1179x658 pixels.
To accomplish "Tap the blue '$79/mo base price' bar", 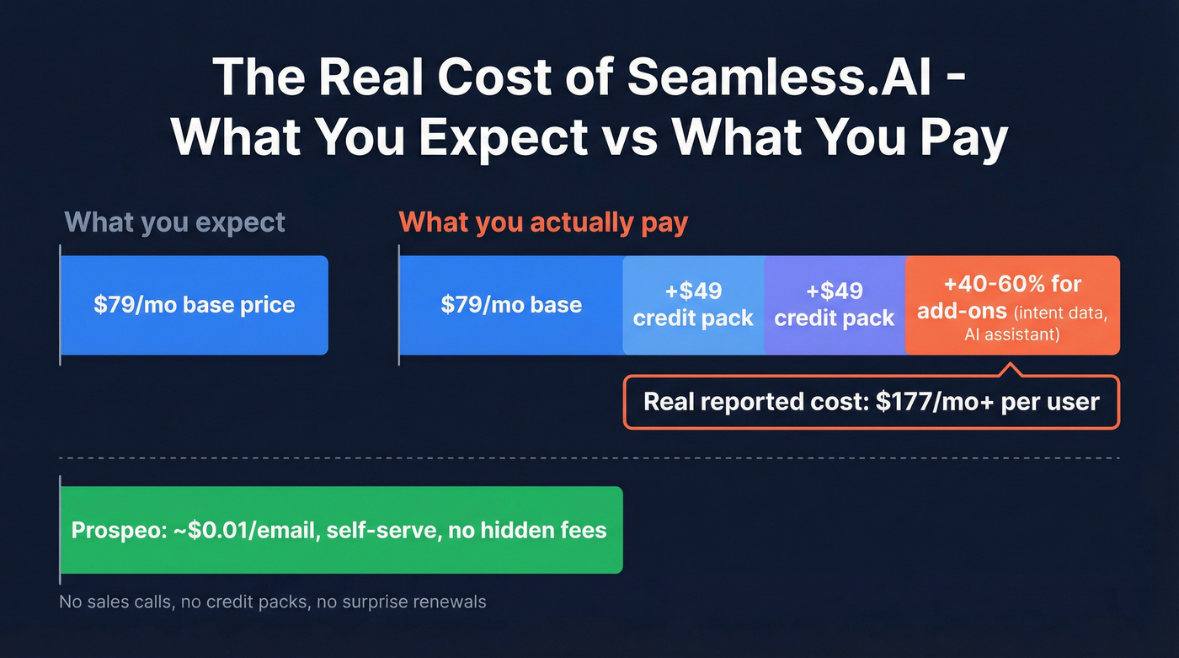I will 194,305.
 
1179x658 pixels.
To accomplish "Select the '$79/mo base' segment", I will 511,305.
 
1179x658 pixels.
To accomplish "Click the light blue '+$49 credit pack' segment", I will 693,305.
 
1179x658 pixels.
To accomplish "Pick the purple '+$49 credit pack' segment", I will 835,305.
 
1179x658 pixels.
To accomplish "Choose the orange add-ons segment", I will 1012,305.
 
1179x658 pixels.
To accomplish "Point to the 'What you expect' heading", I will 175,222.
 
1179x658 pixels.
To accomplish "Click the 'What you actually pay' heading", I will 543,222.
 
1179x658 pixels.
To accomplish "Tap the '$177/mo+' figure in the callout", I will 935,401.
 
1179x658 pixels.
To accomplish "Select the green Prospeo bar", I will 341,530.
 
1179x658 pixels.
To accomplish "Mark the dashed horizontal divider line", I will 589,458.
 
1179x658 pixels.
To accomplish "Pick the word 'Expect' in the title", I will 504,138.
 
